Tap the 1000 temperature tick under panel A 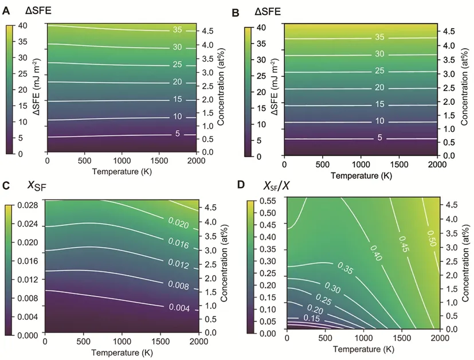tap(122, 161)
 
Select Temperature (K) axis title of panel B tap(361, 175)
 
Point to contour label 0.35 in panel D tap(344, 268)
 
